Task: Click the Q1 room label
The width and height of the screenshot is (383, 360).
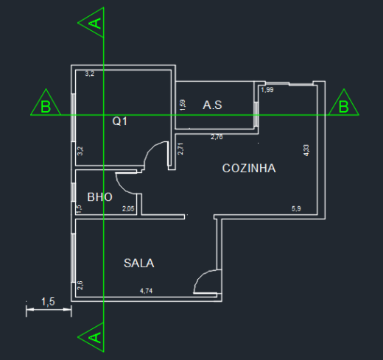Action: [120, 121]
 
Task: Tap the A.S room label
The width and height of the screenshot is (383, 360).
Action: [212, 105]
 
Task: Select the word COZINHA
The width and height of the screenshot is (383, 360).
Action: [249, 169]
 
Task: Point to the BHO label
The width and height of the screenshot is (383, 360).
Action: [100, 197]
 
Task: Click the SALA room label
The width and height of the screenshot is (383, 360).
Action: [139, 263]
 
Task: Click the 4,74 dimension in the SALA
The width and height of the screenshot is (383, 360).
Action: [146, 291]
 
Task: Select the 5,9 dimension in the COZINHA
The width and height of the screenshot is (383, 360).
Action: [296, 208]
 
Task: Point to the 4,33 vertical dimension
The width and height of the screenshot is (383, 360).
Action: [306, 150]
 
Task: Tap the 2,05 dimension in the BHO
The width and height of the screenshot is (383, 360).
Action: [128, 208]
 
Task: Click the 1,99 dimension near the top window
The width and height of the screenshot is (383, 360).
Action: [267, 90]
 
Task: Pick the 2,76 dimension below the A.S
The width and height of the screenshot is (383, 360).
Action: [217, 137]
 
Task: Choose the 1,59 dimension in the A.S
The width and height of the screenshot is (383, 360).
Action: [183, 105]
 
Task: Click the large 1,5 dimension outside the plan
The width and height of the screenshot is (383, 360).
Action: [48, 302]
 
